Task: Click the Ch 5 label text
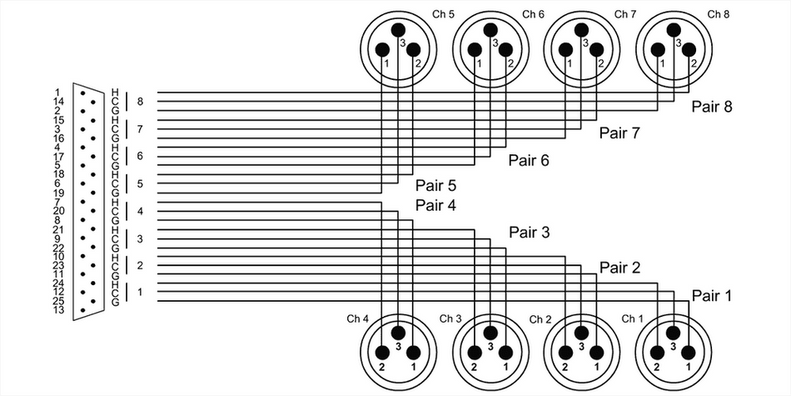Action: (442, 14)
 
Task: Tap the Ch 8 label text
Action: (718, 14)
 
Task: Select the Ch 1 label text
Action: (633, 318)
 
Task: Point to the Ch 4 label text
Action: (357, 318)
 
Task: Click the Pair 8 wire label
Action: (711, 107)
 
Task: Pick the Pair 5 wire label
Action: (435, 185)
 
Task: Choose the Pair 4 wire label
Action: (435, 205)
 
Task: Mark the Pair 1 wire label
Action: (711, 295)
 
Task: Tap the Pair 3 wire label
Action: (530, 232)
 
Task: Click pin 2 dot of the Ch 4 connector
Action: (382, 353)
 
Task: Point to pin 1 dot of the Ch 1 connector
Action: (689, 353)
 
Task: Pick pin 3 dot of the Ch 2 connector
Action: (581, 331)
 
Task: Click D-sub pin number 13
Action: (58, 309)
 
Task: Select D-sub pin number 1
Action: (58, 93)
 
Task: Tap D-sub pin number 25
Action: (58, 300)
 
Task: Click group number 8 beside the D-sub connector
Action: (141, 102)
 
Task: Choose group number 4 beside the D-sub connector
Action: (141, 211)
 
